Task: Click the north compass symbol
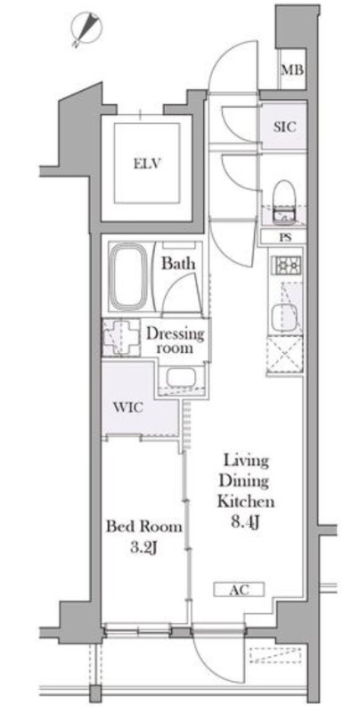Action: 86,29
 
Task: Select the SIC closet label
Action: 284,127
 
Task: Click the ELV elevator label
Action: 148,163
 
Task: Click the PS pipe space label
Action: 286,237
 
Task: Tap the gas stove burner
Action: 287,265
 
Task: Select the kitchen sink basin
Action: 284,317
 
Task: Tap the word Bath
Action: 178,263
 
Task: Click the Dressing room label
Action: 175,341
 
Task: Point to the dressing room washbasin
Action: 181,377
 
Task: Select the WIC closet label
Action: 128,407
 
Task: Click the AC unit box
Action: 239,590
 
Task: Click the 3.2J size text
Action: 143,548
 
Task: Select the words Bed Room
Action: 143,527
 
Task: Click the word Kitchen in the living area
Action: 245,502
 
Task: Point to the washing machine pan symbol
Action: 120,337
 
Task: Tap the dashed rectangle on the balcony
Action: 275,657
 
